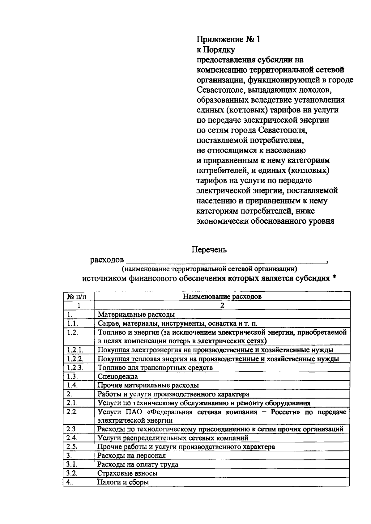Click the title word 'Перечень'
point(209,250)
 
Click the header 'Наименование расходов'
point(222,297)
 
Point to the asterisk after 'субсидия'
point(334,278)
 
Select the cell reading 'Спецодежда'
point(118,377)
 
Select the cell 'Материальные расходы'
point(136,315)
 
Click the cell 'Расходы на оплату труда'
point(138,464)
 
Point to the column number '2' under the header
point(222,306)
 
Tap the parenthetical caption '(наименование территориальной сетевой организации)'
point(209,268)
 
